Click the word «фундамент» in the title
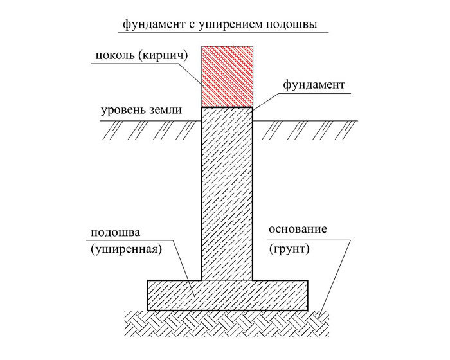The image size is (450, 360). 154,24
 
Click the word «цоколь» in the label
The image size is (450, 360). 114,55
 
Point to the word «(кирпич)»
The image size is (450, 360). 163,55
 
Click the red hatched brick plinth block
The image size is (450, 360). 227,76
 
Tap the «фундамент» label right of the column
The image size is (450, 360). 314,85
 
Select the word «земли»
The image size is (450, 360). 165,110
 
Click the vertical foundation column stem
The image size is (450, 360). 227,194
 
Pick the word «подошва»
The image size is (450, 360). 116,232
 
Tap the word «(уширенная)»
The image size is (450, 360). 126,249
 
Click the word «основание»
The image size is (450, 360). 298,230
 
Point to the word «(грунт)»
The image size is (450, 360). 289,249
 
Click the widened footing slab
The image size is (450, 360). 228,295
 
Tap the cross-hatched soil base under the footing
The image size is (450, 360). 227,323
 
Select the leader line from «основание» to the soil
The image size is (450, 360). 336,278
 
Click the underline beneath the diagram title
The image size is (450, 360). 224,33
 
